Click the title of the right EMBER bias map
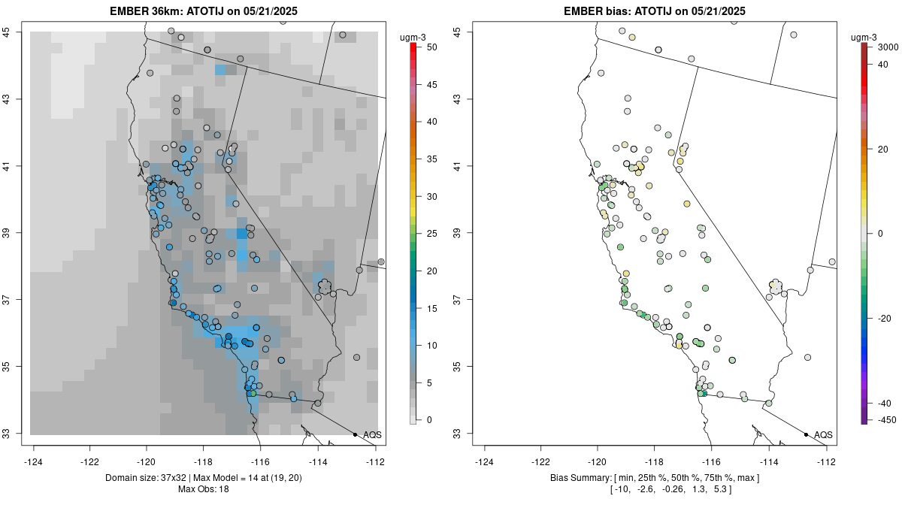click(x=655, y=11)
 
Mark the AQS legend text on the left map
click(x=373, y=435)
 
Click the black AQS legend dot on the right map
click(x=806, y=434)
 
